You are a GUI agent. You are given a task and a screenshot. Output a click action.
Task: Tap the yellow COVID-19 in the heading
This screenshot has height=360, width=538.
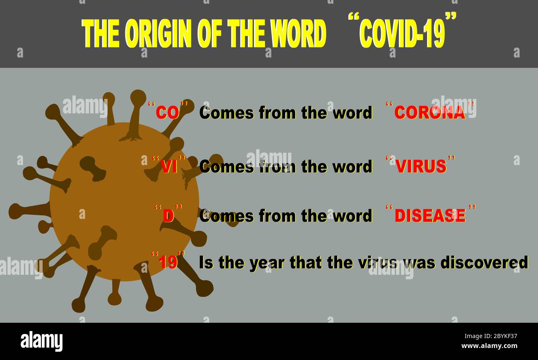click(x=402, y=34)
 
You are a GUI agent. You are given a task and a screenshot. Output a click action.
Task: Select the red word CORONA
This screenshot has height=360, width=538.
click(x=430, y=113)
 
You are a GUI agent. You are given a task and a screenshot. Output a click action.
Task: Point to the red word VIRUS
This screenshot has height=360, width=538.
click(x=421, y=166)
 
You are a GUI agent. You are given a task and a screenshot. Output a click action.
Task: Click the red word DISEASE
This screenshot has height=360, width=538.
click(x=430, y=216)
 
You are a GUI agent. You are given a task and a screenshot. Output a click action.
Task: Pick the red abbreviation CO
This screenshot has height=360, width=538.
click(x=167, y=113)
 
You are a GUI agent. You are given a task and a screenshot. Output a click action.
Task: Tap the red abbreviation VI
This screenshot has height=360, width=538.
click(x=169, y=166)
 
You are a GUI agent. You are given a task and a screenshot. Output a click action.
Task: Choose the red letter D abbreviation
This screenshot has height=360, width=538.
click(x=168, y=216)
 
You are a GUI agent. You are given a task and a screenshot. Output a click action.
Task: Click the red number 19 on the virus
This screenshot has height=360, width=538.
click(x=168, y=262)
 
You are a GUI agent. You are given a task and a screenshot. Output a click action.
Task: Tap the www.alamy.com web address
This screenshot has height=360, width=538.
click(x=489, y=346)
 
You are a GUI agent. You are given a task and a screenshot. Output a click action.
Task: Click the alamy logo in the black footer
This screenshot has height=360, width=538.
click(x=41, y=341)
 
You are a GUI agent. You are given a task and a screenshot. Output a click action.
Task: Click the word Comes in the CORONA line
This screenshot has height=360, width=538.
click(x=226, y=113)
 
